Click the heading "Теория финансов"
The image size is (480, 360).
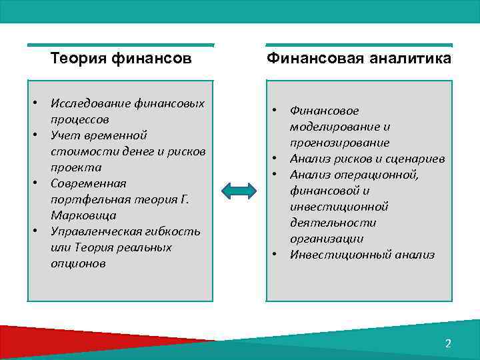pos(121,59)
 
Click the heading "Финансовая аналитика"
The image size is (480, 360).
pos(359,59)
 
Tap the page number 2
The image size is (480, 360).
pos(448,343)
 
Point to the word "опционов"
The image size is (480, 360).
pos(77,263)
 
